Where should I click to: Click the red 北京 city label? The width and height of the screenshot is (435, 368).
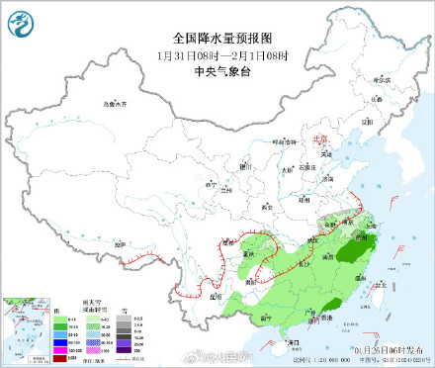coord(317,139)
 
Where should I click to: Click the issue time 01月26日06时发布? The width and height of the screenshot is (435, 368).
coord(386,348)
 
